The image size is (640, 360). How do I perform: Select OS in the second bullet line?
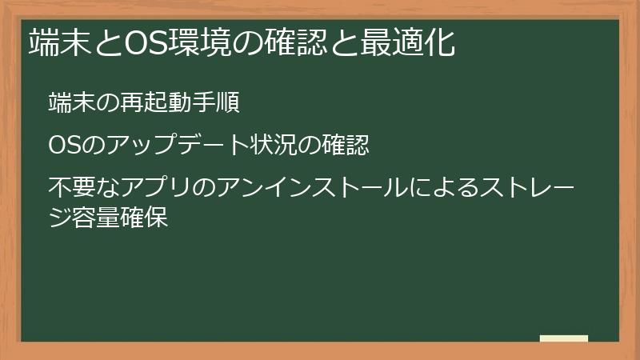point(61,146)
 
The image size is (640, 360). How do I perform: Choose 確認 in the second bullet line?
point(347,146)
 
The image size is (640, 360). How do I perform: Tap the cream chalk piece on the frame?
point(563,338)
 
